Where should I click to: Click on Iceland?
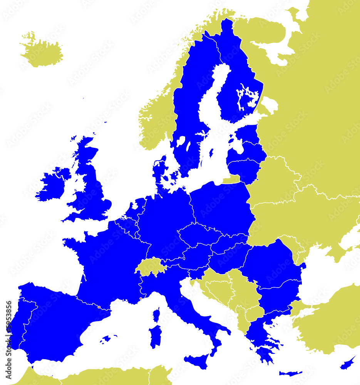click(42, 52)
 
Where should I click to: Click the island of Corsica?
click(156, 315)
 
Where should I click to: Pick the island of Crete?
click(290, 373)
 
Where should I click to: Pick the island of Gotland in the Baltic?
click(211, 153)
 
